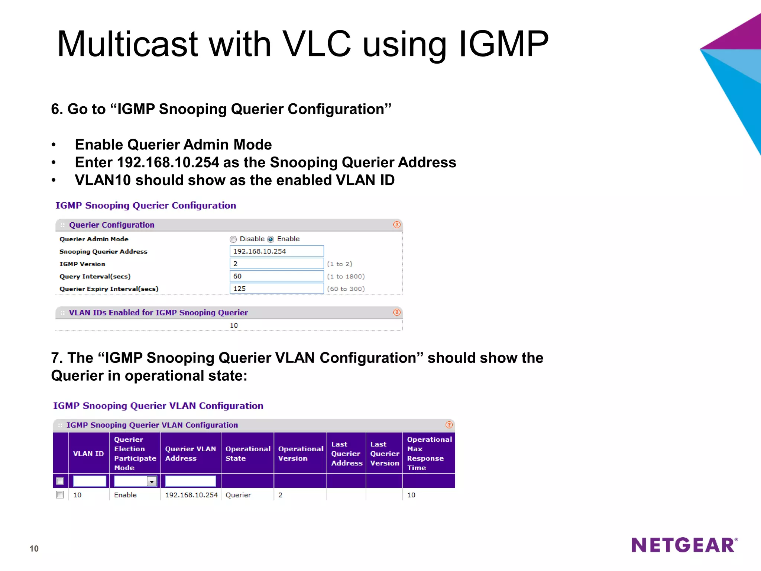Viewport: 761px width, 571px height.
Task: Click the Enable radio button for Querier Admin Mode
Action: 271,239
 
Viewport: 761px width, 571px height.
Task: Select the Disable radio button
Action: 233,239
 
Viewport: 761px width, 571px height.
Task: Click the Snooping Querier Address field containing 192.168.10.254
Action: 276,251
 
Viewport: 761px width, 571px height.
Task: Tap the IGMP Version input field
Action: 276,264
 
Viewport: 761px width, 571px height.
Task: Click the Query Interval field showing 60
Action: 276,276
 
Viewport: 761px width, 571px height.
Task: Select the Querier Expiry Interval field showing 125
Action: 276,289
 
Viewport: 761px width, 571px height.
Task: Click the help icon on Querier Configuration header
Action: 397,225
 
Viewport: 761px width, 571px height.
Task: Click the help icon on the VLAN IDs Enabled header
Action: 397,313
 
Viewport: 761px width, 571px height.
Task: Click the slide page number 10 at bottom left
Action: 34,549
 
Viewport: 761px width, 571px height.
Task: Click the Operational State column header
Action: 247,454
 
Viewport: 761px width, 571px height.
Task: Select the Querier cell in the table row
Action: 239,495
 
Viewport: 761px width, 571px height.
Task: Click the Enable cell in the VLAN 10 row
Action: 125,495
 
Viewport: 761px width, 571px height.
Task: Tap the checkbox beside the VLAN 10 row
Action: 60,495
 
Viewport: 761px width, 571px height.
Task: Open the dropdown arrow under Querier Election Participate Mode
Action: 152,482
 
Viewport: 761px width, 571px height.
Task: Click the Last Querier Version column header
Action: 384,454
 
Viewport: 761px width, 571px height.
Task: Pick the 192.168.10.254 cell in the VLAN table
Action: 191,495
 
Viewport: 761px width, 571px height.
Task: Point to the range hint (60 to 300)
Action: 346,289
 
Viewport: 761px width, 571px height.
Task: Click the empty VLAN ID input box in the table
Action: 90,481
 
